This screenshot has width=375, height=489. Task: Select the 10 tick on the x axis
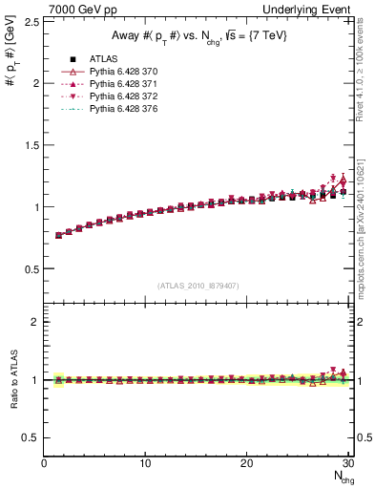(145, 464)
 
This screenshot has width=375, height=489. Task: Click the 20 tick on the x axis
(246, 464)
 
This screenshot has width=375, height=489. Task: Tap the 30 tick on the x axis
(347, 464)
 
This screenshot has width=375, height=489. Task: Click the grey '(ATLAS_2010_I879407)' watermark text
(198, 286)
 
